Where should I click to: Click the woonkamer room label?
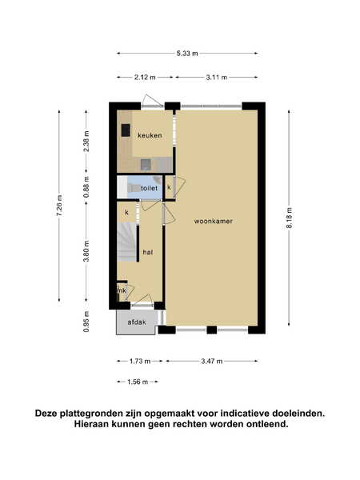point(214,221)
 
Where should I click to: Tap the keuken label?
point(150,135)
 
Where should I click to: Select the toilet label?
point(149,188)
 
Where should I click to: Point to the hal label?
point(148,252)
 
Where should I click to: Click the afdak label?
point(137,322)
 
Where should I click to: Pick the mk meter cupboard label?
point(122,290)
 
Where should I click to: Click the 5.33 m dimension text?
point(187,54)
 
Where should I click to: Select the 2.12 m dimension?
point(145,77)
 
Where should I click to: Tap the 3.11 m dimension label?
point(217,77)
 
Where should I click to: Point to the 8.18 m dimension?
point(290,218)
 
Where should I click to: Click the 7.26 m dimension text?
point(59,206)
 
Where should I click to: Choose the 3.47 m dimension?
point(212,362)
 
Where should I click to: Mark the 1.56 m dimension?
point(138,382)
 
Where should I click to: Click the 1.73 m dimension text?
point(140,362)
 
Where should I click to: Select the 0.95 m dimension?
point(86,322)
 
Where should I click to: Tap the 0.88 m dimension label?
point(86,187)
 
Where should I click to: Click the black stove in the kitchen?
point(126,130)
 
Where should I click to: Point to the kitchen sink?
point(146,165)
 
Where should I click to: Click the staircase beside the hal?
point(126,242)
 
